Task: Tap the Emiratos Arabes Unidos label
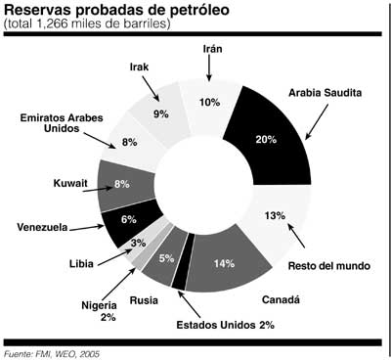click(x=62, y=124)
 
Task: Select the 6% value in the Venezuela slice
click(x=128, y=220)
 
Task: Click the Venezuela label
click(x=42, y=227)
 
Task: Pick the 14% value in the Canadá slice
click(x=225, y=263)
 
